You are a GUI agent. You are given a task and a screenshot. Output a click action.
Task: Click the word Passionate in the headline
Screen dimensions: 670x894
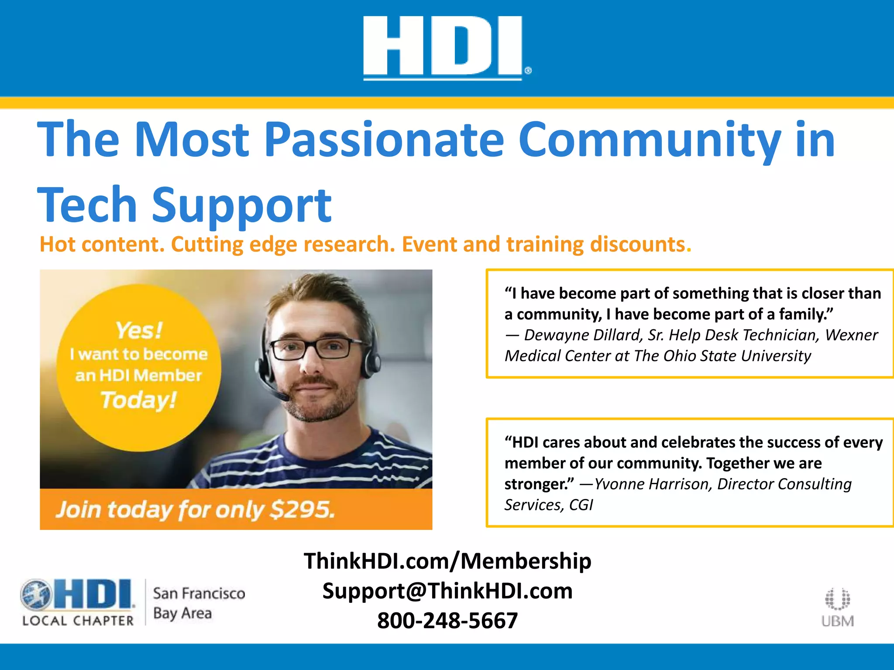click(x=384, y=140)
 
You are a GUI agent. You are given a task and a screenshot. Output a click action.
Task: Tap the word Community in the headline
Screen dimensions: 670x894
click(x=650, y=140)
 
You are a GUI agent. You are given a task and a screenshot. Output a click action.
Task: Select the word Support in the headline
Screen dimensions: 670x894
click(x=241, y=205)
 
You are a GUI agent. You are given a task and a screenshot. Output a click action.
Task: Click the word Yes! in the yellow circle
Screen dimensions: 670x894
click(x=139, y=331)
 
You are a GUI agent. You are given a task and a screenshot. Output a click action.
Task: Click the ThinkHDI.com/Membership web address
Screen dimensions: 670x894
click(x=447, y=561)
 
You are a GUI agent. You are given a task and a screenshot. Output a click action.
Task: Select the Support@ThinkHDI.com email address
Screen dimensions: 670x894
click(x=447, y=591)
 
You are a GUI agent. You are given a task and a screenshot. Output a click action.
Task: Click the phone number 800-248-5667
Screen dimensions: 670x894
click(x=447, y=620)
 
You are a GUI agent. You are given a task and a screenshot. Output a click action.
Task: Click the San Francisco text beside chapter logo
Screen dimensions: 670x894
click(x=199, y=594)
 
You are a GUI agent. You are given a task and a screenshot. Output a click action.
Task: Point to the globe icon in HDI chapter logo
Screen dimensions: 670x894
click(x=36, y=595)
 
